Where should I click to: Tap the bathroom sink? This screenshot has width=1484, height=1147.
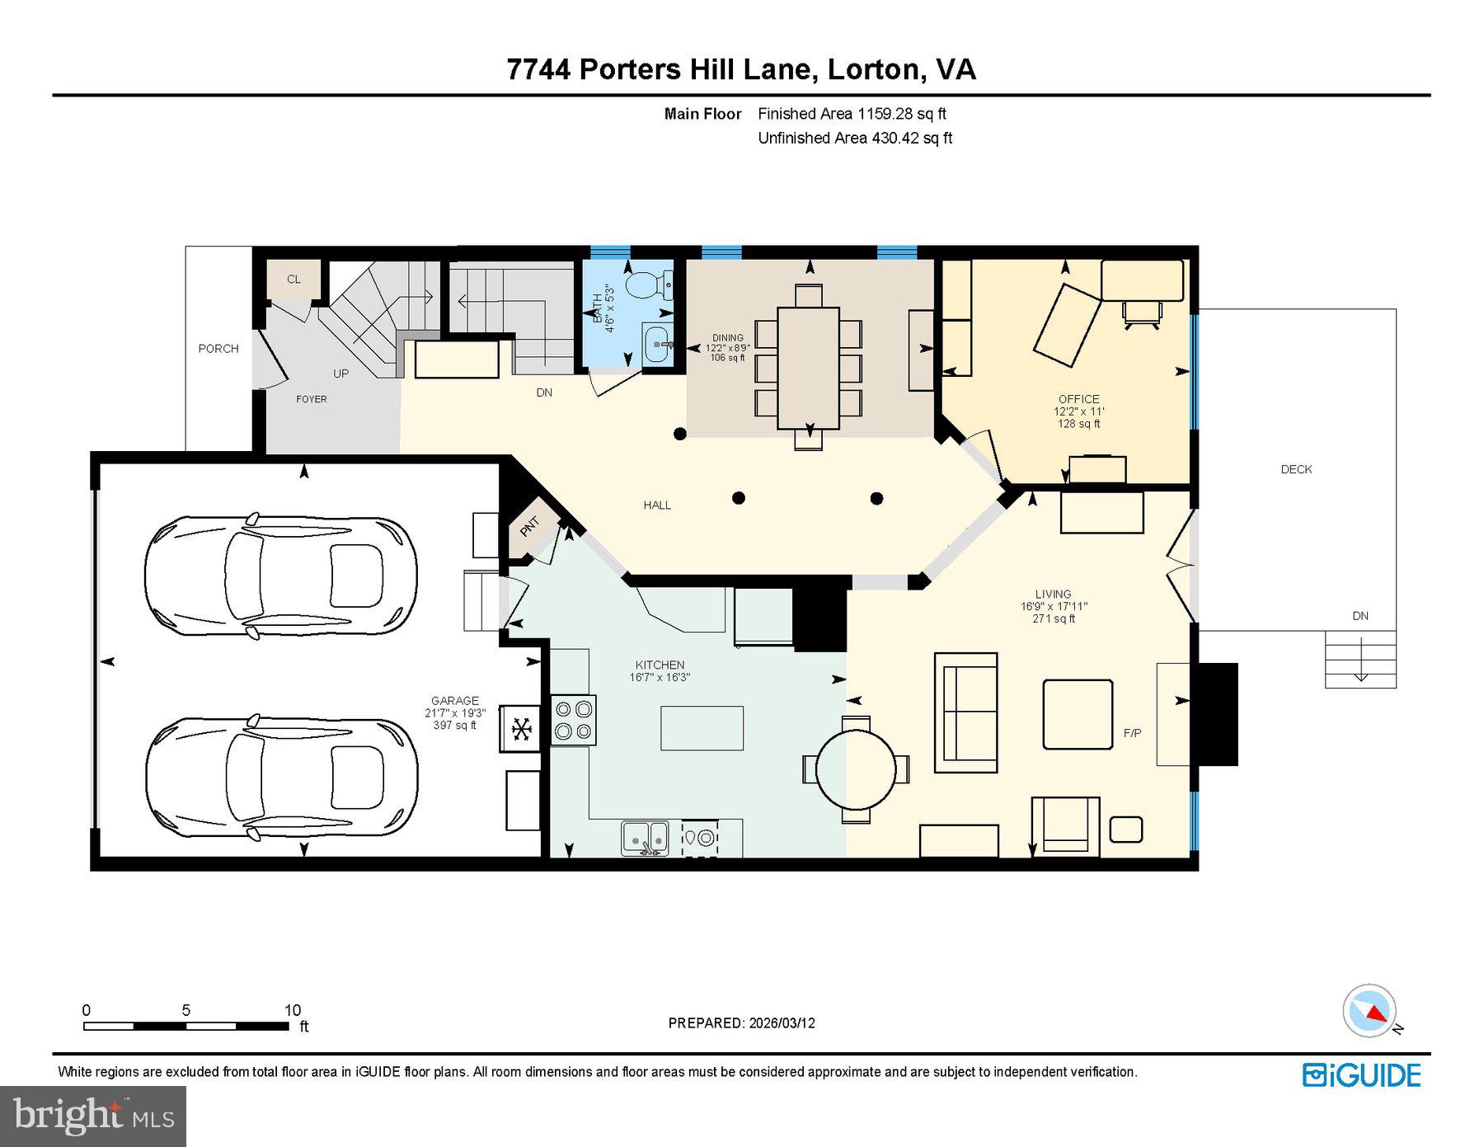657,342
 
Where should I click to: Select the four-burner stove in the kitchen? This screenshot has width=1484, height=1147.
573,721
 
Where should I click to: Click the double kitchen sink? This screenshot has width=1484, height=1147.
645,838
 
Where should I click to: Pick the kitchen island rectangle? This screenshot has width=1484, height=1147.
702,728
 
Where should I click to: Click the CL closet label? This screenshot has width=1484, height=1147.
294,280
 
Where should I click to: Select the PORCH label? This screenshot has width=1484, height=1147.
218,349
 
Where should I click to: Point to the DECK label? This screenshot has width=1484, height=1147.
1295,469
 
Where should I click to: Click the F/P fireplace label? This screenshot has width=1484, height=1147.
1132,733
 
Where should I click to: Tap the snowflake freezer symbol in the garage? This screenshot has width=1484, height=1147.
520,729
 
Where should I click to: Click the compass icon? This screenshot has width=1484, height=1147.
1369,1011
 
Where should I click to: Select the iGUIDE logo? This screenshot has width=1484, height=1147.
1361,1075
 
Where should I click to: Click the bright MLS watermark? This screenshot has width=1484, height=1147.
93,1116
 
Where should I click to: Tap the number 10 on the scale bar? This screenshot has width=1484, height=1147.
293,1010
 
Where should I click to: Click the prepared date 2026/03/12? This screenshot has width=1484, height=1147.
782,1023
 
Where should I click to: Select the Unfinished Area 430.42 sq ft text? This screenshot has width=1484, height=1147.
854,139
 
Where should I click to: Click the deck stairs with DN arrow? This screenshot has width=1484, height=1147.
1360,659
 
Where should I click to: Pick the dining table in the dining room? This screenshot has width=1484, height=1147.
808,368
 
